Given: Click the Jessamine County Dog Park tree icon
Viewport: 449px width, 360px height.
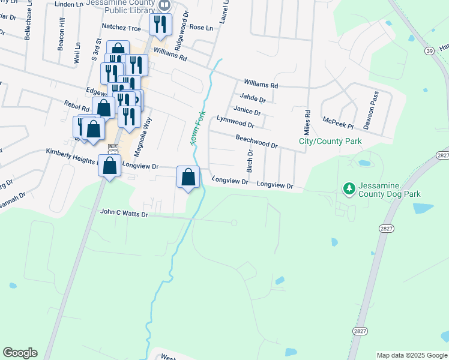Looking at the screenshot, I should (x=349, y=189).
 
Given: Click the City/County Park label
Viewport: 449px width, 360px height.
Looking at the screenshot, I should (x=331, y=141).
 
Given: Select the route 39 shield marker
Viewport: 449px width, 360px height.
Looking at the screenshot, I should (x=430, y=51).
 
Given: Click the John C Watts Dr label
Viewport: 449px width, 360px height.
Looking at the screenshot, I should (x=124, y=212).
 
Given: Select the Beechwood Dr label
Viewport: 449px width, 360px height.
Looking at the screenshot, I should (x=256, y=141).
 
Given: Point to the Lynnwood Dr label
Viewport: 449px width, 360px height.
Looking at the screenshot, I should (x=236, y=122).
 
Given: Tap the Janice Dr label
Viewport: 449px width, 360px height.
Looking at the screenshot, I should (x=247, y=110).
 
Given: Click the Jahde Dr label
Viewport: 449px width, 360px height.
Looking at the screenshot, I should (x=252, y=98).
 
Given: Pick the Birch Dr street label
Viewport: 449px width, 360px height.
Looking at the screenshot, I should (x=250, y=160).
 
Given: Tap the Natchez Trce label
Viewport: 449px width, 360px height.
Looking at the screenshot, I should (x=121, y=28).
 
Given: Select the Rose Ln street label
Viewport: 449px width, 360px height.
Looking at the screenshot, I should (x=201, y=28).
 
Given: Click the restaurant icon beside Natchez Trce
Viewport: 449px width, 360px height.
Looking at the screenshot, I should (x=160, y=24).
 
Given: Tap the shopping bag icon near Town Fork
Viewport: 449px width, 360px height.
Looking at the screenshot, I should (x=188, y=176).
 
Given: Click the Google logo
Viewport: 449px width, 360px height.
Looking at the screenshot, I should (x=20, y=353).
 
